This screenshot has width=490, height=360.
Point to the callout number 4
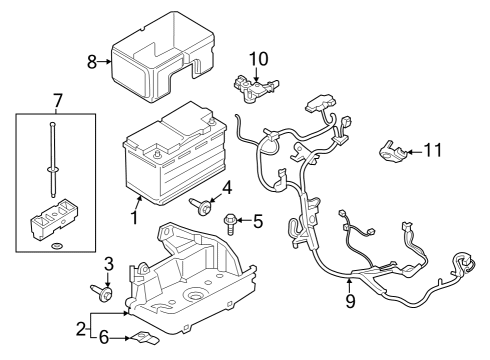coord(227,187)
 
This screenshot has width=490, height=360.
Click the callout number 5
coord(257,222)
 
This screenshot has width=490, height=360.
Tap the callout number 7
coord(57,100)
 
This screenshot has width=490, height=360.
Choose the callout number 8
coord(92,63)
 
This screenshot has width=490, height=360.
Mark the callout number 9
coord(349,299)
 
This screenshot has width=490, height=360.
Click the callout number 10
coord(259,58)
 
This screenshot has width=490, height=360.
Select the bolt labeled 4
coord(203,205)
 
